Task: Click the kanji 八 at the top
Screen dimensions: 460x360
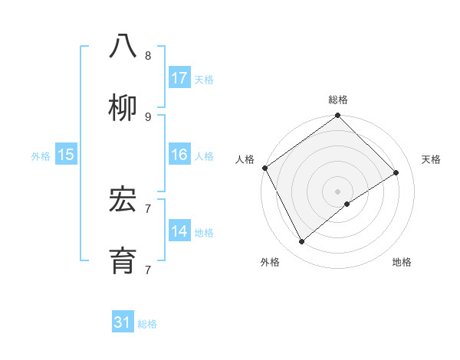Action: coord(123,47)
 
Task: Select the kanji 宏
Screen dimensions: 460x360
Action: coord(123,201)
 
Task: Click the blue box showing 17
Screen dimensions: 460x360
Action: coord(179,78)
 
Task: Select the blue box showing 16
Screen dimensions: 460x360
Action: coord(179,155)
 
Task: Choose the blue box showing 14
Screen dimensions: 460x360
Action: coord(179,231)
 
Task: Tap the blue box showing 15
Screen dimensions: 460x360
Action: coord(66,155)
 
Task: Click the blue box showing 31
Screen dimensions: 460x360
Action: coord(123,322)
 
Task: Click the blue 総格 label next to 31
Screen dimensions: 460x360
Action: coord(147,324)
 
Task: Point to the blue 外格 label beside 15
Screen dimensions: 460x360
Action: coord(41,156)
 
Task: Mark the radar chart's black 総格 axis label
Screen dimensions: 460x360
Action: coord(338,100)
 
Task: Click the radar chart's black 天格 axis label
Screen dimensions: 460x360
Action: coord(432,159)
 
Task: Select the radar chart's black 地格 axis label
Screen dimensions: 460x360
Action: coord(402,262)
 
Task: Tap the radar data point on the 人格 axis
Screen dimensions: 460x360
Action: coord(264,168)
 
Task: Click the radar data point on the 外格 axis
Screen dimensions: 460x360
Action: coord(302,242)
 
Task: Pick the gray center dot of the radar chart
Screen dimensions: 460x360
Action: coord(337,191)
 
